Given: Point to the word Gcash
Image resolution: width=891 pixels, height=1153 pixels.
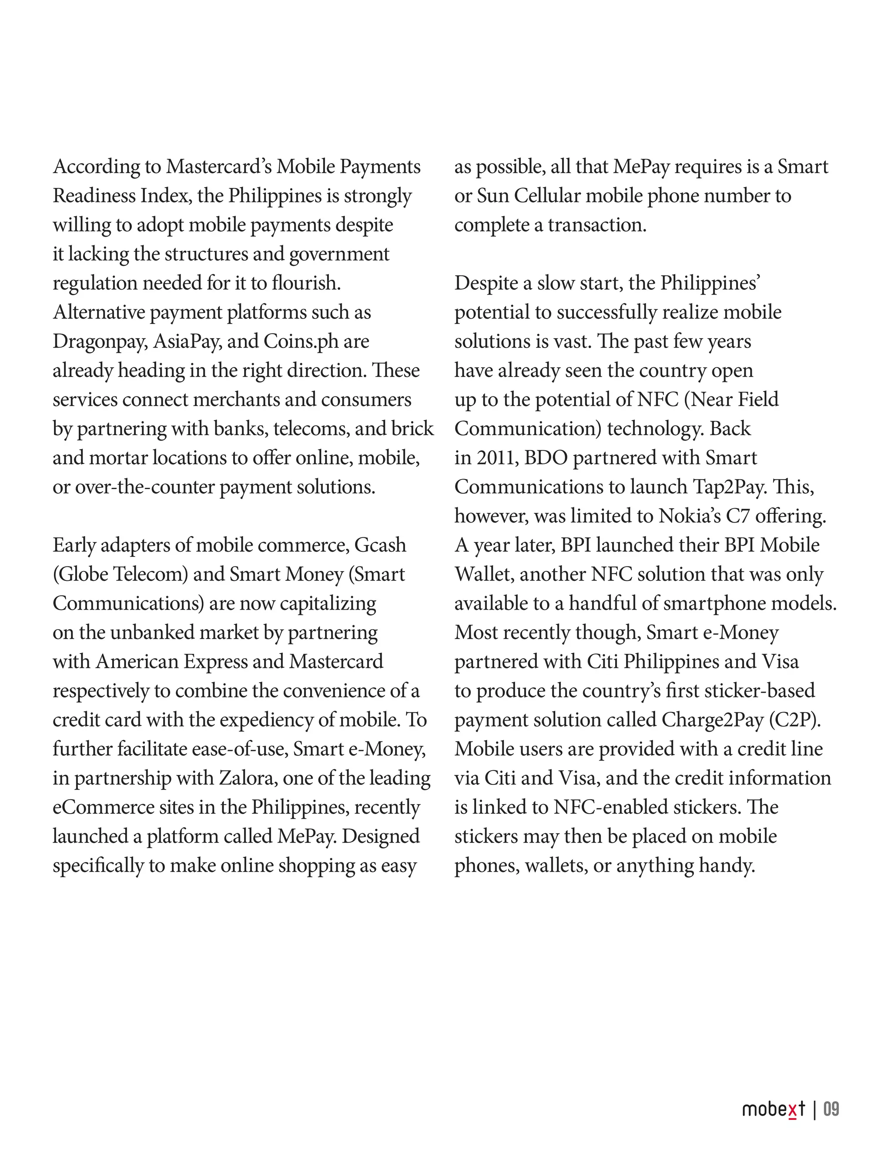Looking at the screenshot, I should (380, 545).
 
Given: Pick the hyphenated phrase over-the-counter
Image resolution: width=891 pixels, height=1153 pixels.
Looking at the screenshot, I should (144, 487).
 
